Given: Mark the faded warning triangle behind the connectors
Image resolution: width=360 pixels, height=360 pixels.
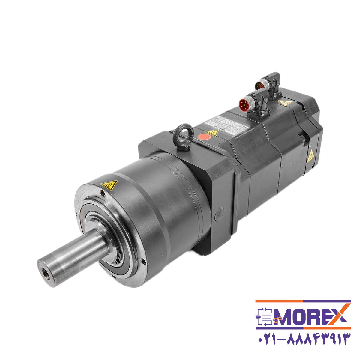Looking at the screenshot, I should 283,103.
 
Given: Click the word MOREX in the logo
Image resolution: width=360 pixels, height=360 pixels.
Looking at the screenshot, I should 303,317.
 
